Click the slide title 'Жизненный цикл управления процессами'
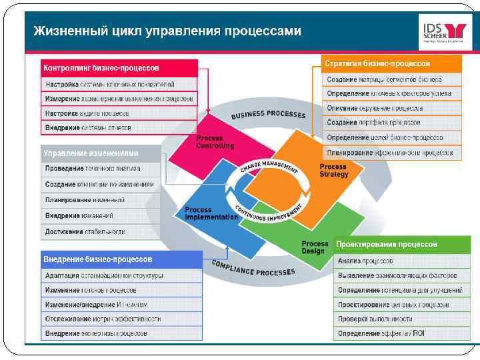pos(167,31)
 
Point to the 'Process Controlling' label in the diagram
pos(215,142)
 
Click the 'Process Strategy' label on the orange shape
pos(333,171)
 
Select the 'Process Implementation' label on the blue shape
pos(211,213)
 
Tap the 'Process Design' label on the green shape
pos(315,247)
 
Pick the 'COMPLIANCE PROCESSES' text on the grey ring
pos(253,268)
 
